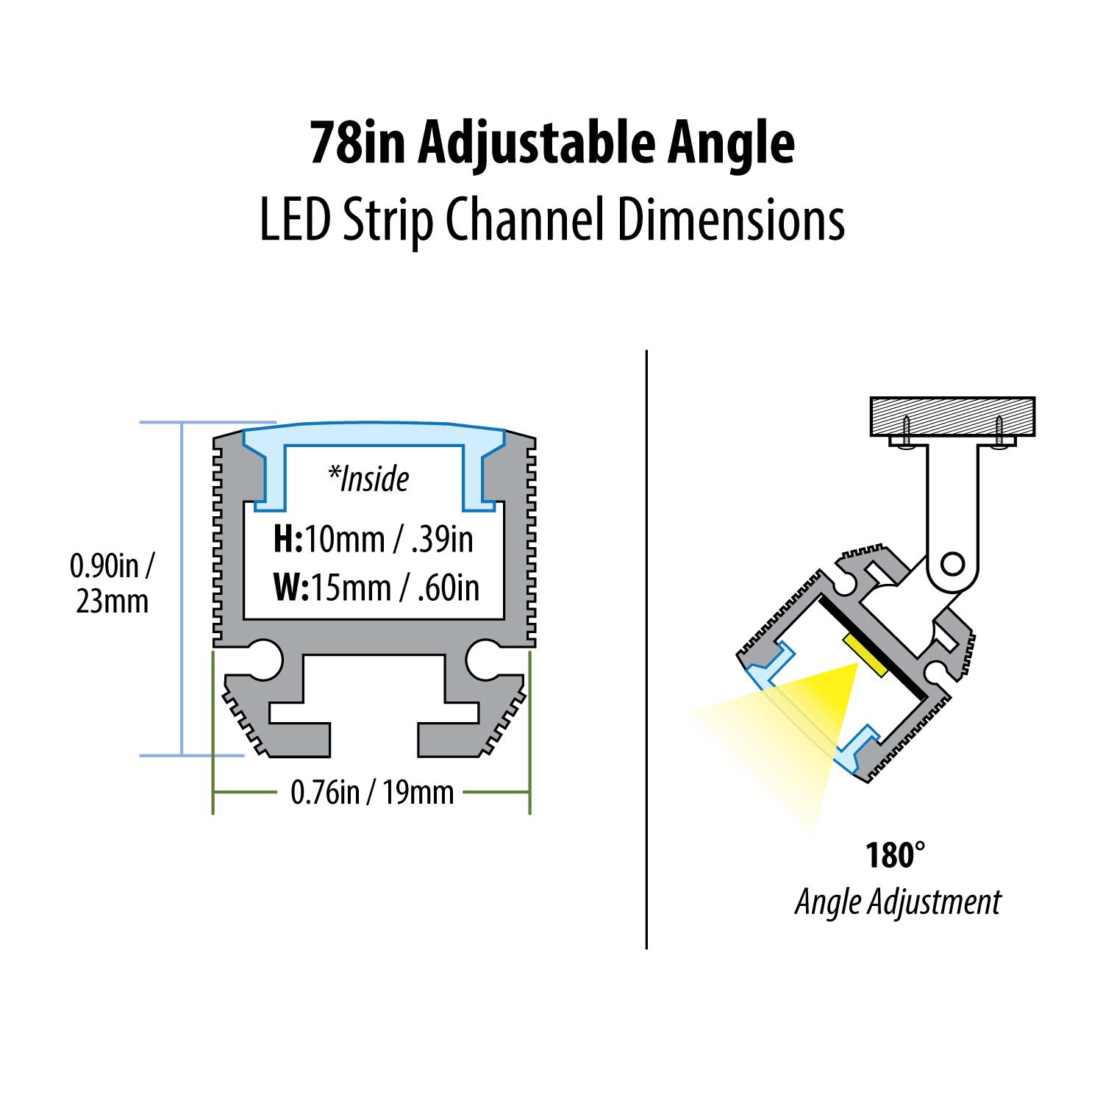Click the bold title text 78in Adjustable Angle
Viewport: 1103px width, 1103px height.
tap(551, 143)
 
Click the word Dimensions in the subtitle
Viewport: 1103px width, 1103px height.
tap(730, 221)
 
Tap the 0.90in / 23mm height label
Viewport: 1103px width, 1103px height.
tap(112, 584)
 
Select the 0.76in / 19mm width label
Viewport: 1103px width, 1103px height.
tap(372, 793)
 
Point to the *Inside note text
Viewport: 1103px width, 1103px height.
tap(368, 479)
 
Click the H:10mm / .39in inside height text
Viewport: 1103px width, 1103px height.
tap(373, 539)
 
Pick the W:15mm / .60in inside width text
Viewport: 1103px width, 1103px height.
tap(376, 588)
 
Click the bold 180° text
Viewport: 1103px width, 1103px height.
tap(894, 855)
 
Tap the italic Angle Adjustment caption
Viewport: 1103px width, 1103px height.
tap(897, 902)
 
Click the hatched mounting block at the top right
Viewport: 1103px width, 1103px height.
tap(952, 416)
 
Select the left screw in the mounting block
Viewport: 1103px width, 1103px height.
tap(907, 429)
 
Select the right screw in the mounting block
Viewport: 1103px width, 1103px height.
tap(999, 430)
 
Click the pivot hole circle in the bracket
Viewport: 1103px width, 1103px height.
tap(952, 565)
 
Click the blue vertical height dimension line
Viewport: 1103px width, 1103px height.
tap(182, 588)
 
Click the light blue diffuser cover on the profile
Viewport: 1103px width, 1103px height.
tap(374, 434)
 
